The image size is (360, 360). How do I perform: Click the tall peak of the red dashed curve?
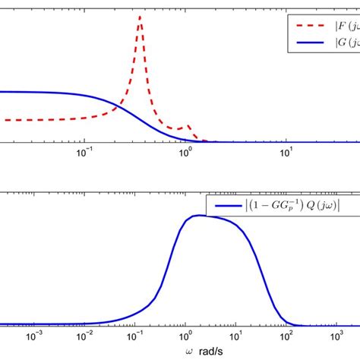click(140, 17)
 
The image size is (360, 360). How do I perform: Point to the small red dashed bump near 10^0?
click(187, 126)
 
